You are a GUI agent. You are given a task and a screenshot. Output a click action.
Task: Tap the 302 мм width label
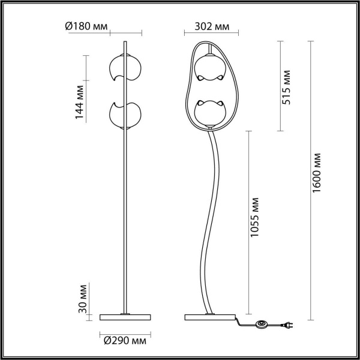point(212,26)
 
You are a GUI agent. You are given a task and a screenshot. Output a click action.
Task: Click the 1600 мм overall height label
point(318,173)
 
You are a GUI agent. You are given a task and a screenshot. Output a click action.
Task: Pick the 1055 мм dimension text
point(255,218)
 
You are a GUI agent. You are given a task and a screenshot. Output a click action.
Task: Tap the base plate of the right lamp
point(210,316)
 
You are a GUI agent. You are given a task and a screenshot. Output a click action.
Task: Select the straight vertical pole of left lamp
point(124,210)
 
